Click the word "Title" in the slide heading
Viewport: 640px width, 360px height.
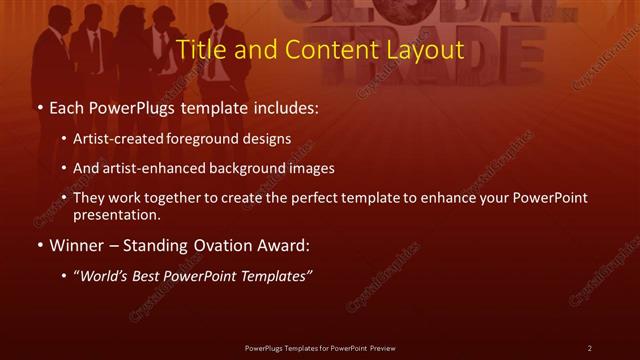(x=197, y=49)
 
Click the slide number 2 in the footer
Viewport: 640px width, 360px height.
(x=590, y=348)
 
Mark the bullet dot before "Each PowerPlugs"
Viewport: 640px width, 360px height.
(x=38, y=105)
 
